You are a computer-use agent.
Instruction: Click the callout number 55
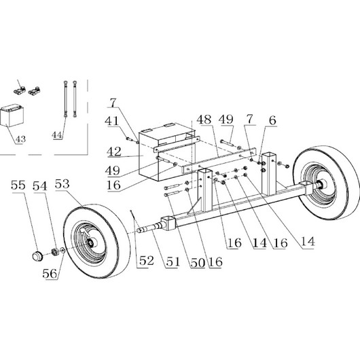click(18, 185)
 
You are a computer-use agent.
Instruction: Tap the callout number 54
click(40, 185)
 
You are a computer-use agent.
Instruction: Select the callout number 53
click(62, 184)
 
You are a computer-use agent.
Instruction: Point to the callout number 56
click(50, 273)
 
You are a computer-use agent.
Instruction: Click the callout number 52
click(147, 261)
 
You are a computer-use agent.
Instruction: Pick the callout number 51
click(173, 262)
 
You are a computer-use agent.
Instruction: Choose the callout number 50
click(198, 262)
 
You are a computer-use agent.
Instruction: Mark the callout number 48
click(204, 120)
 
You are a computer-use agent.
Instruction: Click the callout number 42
click(114, 151)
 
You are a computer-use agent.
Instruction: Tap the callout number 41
click(112, 121)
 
